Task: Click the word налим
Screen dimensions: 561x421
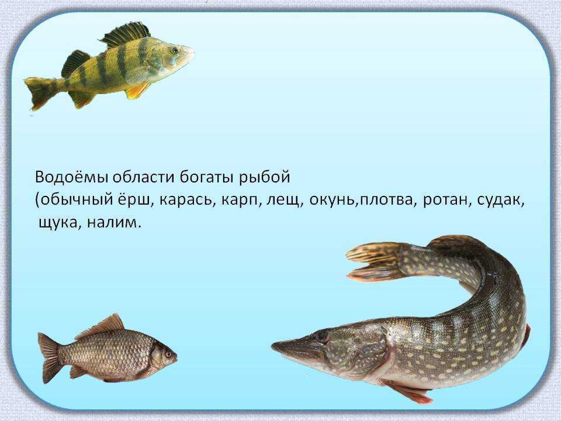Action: pos(114,223)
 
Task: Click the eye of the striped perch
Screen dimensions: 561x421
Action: pos(175,50)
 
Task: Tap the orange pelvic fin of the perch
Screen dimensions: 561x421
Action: pos(137,91)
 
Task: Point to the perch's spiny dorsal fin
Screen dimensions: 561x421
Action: pos(124,34)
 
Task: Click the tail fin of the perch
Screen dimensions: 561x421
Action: pos(39,93)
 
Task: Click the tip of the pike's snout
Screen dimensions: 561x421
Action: pos(272,346)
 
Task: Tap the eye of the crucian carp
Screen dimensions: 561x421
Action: pos(168,354)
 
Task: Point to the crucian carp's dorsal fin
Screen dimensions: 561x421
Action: pos(102,326)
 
